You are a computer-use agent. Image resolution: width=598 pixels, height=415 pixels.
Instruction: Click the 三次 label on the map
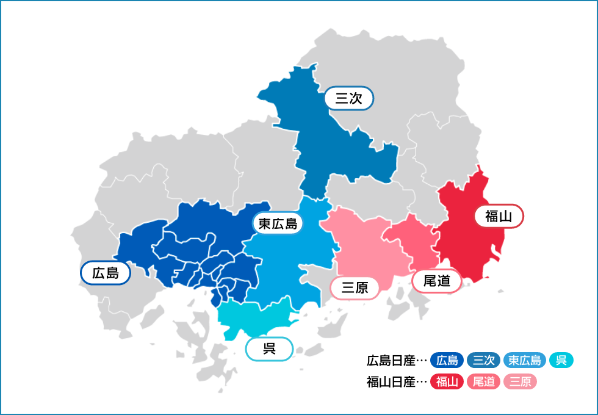coord(348,98)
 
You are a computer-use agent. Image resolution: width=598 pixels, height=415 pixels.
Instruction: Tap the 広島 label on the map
coord(106,273)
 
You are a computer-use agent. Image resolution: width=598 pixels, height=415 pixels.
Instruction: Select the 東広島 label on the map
coord(278,224)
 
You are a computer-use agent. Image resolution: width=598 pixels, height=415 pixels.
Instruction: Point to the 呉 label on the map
coord(269,349)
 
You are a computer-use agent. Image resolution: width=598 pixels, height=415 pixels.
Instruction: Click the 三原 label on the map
coord(355,287)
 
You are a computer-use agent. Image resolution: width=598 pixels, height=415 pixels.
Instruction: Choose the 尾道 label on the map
coord(437,281)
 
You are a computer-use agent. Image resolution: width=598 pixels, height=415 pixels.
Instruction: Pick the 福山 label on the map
coord(499,215)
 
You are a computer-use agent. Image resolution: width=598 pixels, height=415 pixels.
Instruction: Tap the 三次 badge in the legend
coord(484,361)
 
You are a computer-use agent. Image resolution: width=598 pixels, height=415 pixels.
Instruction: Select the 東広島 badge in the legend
coord(525,361)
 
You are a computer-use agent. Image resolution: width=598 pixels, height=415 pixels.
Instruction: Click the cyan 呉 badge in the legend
coord(561,361)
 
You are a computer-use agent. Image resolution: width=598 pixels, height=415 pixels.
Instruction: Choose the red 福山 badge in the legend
coord(447,382)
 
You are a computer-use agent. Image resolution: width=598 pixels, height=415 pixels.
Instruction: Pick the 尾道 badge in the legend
coord(484,382)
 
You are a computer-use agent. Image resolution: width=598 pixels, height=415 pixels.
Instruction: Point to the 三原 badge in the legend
coord(520,382)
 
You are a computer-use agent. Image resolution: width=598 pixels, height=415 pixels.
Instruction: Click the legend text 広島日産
coord(391,361)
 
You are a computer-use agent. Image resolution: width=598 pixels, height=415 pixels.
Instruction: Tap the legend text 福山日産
coord(391,382)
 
